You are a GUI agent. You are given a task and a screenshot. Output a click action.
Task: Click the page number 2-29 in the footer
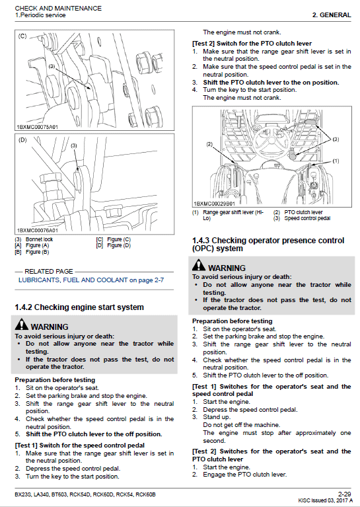coord(343,493)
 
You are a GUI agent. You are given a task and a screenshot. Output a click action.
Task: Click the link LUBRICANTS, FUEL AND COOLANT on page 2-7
coord(91,280)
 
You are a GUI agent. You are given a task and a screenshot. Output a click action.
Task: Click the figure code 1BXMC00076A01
coord(38,230)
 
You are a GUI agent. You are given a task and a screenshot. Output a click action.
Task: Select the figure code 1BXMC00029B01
coord(215,204)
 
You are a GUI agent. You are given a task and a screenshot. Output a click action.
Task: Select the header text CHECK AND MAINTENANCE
coord(58,8)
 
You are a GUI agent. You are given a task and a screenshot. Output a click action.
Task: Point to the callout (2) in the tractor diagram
coord(209,144)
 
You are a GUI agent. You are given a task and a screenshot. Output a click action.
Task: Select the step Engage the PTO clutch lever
coord(244,474)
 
